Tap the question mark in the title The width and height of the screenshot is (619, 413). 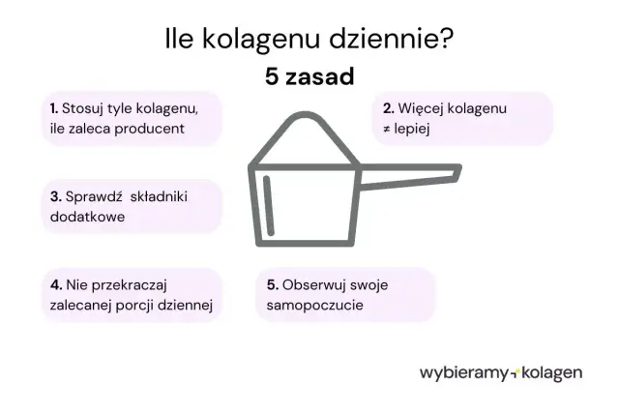447,40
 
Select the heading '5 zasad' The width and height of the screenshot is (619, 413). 309,76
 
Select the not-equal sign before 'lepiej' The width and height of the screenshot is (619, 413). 386,129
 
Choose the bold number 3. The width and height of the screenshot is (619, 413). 54,196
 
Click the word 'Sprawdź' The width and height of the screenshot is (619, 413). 93,196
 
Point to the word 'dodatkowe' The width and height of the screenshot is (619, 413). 86,217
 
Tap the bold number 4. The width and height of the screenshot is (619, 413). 55,285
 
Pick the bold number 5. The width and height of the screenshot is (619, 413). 272,285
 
